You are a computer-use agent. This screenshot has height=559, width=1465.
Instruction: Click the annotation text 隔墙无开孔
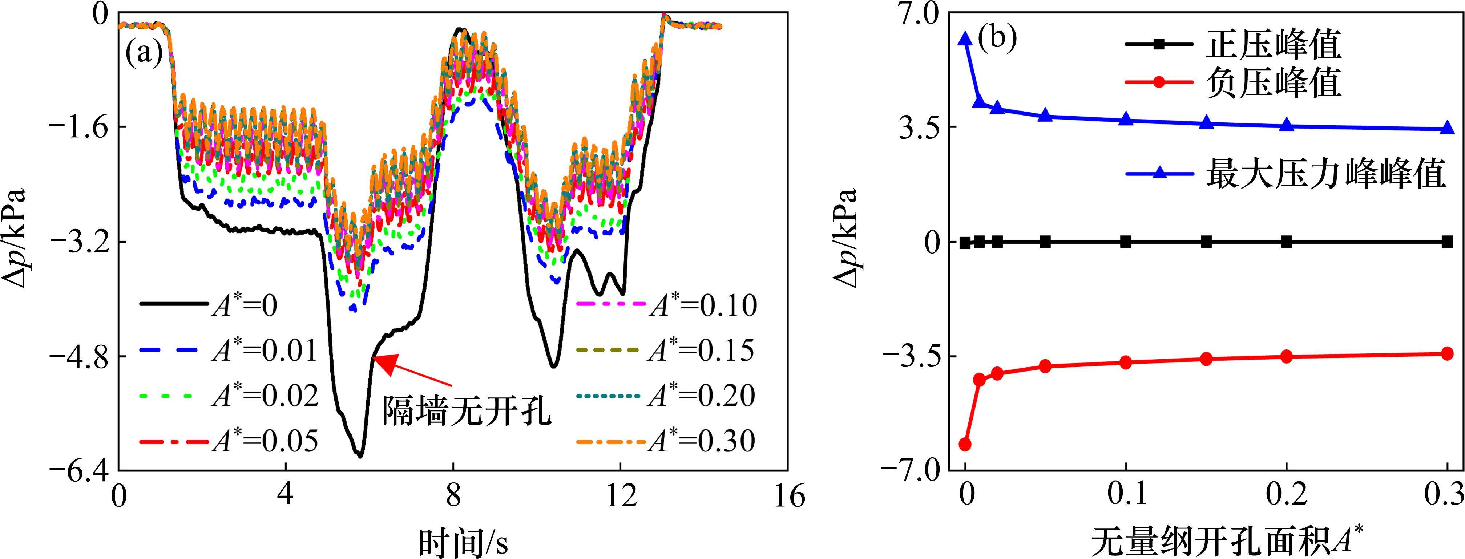(x=466, y=410)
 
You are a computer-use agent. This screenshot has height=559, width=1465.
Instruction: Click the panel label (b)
(x=996, y=40)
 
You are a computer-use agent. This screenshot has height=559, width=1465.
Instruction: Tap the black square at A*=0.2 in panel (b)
(x=1287, y=242)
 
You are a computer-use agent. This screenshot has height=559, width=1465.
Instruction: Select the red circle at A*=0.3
(x=1447, y=354)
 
